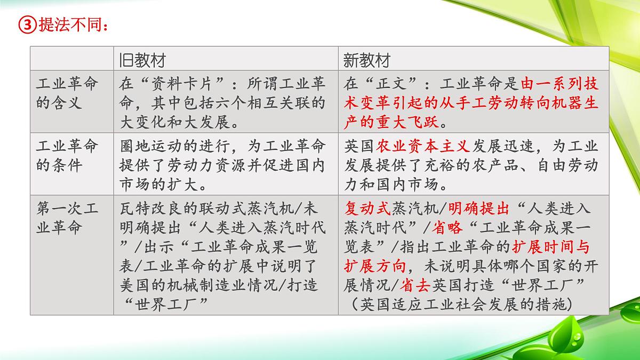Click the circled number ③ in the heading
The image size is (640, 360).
point(27,24)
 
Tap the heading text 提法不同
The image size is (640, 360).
point(69,24)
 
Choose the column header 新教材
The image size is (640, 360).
point(366,60)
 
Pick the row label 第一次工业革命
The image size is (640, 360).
point(67,218)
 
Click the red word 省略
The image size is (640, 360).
point(446,228)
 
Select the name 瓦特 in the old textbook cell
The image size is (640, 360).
point(134,209)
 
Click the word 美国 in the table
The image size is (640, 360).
point(134,285)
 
